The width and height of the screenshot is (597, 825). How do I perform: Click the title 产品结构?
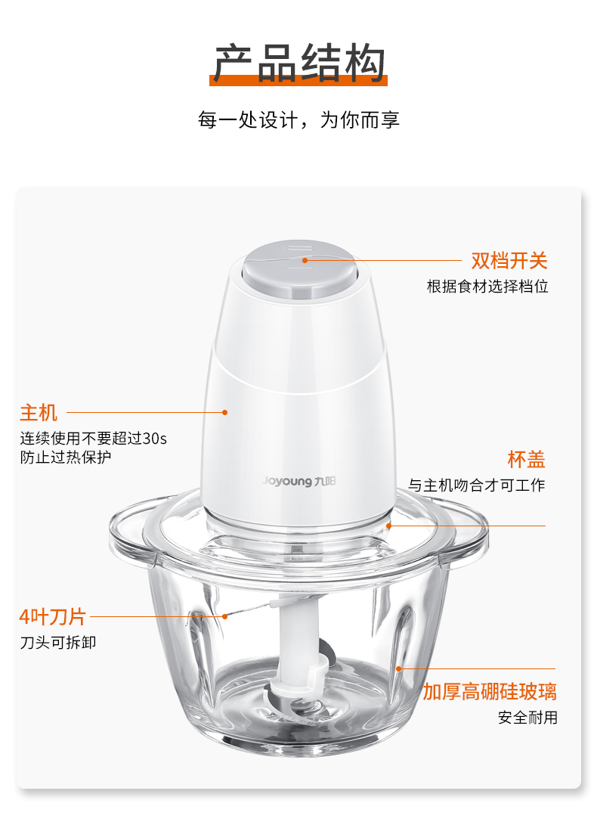pyautogui.click(x=298, y=63)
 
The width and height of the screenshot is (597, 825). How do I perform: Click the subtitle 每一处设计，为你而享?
pyautogui.click(x=298, y=120)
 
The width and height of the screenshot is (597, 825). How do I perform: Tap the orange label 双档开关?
pyautogui.click(x=509, y=260)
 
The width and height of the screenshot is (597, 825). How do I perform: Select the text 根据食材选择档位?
pyautogui.click(x=487, y=287)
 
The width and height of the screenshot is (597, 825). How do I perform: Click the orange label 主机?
pyautogui.click(x=39, y=413)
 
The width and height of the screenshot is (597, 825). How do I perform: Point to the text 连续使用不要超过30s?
pyautogui.click(x=94, y=439)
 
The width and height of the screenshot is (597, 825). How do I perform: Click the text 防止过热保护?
pyautogui.click(x=66, y=457)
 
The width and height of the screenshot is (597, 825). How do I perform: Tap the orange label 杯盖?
pyautogui.click(x=527, y=459)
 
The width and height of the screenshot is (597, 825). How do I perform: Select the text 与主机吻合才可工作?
pyautogui.click(x=477, y=485)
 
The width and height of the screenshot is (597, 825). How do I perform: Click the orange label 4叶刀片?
pyautogui.click(x=53, y=616)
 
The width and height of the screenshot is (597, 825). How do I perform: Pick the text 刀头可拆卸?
pyautogui.click(x=58, y=643)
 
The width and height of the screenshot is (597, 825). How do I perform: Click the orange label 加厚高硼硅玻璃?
pyautogui.click(x=490, y=691)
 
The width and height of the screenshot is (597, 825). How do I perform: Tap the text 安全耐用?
pyautogui.click(x=527, y=717)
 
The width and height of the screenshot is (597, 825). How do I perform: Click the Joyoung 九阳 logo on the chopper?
pyautogui.click(x=299, y=481)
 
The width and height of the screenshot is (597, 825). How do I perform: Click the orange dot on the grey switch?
pyautogui.click(x=305, y=260)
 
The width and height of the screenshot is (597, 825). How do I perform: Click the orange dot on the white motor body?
pyautogui.click(x=224, y=413)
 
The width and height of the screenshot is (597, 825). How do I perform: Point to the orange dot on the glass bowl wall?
pyautogui.click(x=399, y=668)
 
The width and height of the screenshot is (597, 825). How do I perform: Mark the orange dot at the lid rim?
pyautogui.click(x=388, y=525)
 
